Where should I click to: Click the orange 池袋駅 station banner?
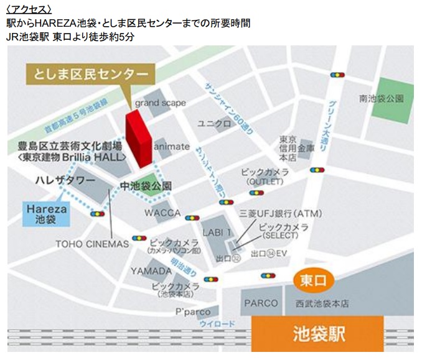pos(317,335)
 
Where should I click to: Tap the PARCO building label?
pos(260,303)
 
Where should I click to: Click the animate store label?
pos(171,146)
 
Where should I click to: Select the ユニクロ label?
pos(214,124)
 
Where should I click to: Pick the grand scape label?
pos(160,103)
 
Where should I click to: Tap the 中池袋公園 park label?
pos(146,185)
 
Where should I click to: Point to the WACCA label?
pos(162,213)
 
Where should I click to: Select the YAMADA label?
pos(151,271)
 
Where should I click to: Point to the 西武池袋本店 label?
pos(321,304)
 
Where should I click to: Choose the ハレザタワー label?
pos(65,180)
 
